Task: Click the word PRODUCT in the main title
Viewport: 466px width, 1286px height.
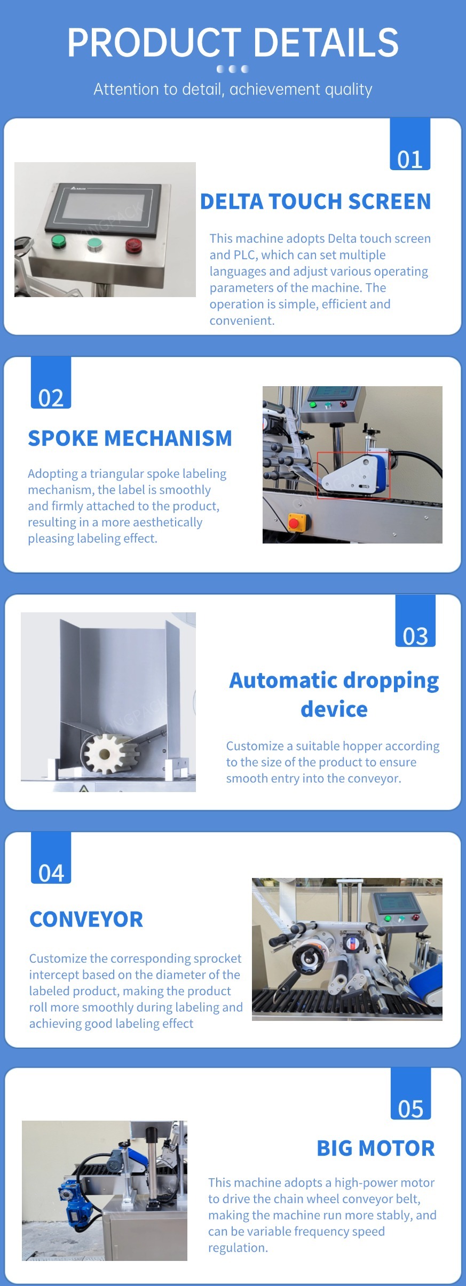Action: tap(154, 43)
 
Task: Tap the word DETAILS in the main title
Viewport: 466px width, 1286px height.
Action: tap(326, 43)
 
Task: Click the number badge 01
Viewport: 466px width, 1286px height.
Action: tap(410, 145)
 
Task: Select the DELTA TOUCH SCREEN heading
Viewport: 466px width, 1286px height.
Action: tap(315, 202)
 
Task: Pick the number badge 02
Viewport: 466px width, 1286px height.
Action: tap(51, 383)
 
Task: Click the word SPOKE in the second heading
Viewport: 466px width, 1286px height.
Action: tap(63, 438)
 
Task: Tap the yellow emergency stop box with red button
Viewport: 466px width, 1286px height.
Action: tap(297, 522)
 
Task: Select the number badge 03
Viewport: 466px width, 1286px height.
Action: tap(415, 621)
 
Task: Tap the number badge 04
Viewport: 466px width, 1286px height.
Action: tap(51, 858)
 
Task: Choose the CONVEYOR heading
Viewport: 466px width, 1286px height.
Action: tap(86, 920)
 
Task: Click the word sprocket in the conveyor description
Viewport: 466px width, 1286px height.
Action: tap(217, 958)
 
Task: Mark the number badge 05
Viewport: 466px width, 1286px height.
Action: tap(410, 1094)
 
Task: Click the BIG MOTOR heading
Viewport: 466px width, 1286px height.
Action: tap(376, 1148)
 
